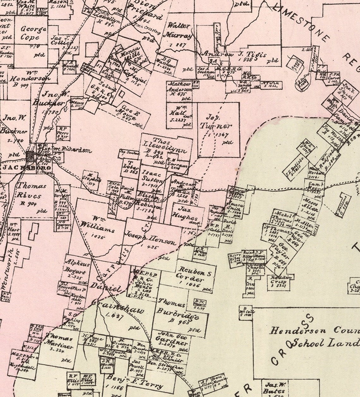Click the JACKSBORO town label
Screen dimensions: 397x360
pos(27,168)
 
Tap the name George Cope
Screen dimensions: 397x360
pos(33,33)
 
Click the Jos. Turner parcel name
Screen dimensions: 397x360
pos(215,121)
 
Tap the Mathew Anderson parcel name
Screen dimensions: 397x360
pos(179,87)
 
